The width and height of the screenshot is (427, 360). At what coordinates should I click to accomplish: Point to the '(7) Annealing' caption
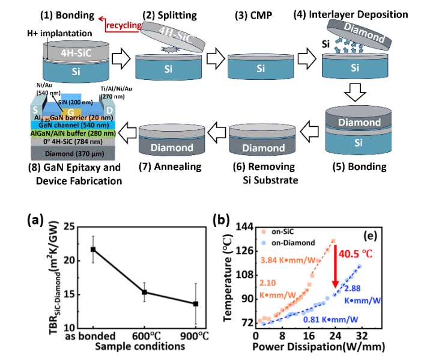coord(174,165)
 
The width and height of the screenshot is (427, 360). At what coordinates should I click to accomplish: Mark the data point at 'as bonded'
coord(93,249)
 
